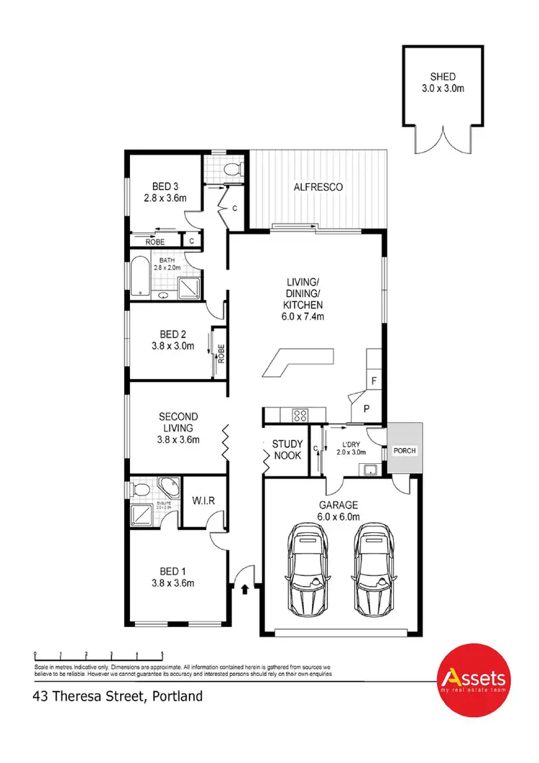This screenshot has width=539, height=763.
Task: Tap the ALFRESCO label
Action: tap(318, 187)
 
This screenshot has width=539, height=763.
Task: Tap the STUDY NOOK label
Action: tap(287, 449)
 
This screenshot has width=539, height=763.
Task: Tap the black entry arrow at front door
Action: tap(246, 589)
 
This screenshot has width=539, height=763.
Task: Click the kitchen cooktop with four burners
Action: tap(300, 415)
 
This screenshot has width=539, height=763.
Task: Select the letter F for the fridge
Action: tap(373, 380)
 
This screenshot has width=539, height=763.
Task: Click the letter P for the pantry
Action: tap(367, 408)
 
